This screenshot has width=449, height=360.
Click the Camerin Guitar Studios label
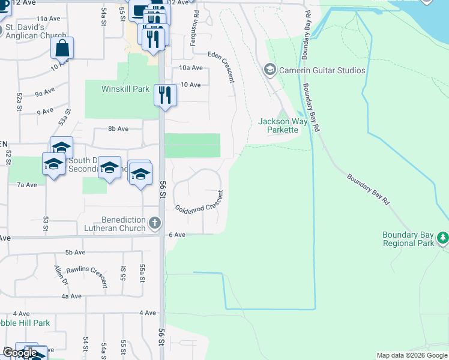pos(322,70)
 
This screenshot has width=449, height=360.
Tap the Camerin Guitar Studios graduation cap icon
pos(270,70)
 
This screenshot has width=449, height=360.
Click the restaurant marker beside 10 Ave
pos(164,95)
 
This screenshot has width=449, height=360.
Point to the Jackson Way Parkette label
pos(283,125)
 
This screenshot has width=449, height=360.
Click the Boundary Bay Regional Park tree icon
pos(443,238)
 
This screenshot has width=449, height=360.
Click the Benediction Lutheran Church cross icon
pos(155,224)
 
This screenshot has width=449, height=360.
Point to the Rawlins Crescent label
pos(86,276)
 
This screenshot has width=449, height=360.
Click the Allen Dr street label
pos(61,278)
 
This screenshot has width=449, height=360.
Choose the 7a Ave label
pos(27,185)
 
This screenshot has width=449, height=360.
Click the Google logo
pos(19,353)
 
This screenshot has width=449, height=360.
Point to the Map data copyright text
pos(412,355)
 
